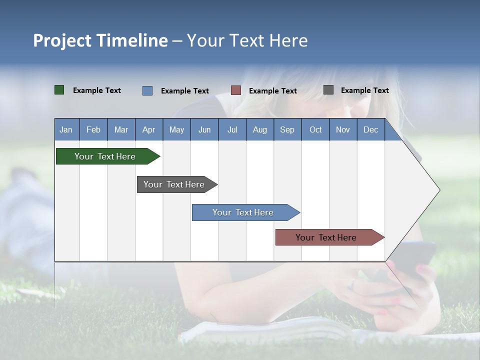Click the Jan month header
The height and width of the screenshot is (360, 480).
click(x=66, y=129)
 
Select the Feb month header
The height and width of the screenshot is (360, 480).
click(x=93, y=129)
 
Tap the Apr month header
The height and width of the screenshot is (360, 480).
click(x=148, y=129)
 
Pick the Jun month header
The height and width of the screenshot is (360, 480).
click(x=204, y=129)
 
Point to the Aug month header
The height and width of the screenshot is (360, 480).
click(x=259, y=129)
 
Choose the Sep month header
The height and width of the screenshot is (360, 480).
click(x=287, y=129)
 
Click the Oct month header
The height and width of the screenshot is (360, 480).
click(x=315, y=129)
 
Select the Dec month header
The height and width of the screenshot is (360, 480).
click(x=370, y=129)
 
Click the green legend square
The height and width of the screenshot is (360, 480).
click(x=59, y=90)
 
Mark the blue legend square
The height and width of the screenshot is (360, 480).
click(x=147, y=90)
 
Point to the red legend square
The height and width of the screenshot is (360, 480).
click(x=236, y=90)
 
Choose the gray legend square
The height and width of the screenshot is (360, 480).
click(x=328, y=90)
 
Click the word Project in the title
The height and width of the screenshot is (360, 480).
click(x=62, y=40)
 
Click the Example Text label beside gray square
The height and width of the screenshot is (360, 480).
click(x=364, y=90)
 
